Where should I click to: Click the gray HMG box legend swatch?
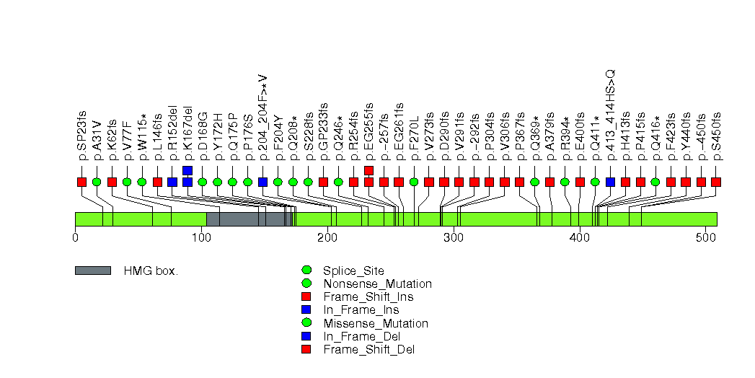point(92,271)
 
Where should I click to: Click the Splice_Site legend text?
point(354,271)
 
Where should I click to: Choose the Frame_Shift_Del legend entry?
point(368,350)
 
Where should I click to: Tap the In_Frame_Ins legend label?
point(361,310)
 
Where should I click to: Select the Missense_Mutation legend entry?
point(376,323)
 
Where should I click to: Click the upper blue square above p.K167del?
point(187,170)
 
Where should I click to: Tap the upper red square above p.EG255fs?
point(369,170)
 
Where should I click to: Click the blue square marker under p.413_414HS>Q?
point(611,182)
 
